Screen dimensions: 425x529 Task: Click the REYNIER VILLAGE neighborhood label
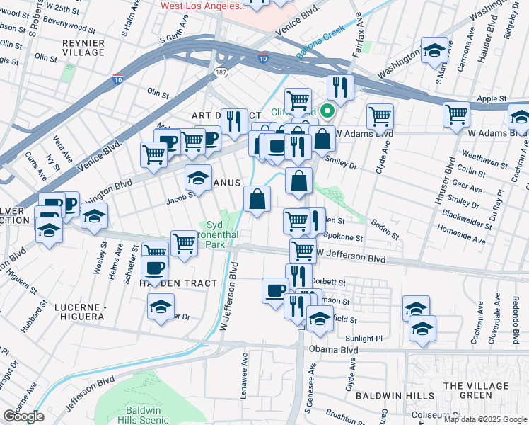(x=83, y=47)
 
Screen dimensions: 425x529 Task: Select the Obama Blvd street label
(x=327, y=348)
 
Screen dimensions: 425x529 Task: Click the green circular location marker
(x=327, y=110)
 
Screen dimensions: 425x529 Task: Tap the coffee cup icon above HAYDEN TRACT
(x=154, y=268)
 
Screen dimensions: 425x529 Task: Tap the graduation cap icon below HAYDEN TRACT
(x=161, y=306)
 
